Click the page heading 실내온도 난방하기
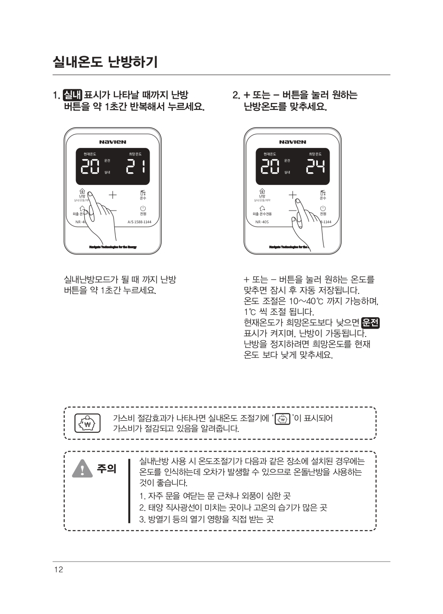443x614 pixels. (x=105, y=61)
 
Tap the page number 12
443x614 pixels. (x=58, y=569)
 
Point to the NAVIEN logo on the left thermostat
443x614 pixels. (x=113, y=142)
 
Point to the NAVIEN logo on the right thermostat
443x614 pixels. (x=293, y=142)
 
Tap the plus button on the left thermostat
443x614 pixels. (x=113, y=194)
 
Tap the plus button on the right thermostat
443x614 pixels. (x=293, y=194)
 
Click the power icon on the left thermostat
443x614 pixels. (x=143, y=208)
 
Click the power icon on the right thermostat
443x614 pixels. (x=323, y=208)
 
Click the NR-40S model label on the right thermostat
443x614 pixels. (x=262, y=222)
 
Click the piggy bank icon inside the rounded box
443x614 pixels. (x=88, y=424)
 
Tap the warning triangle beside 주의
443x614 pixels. (x=83, y=468)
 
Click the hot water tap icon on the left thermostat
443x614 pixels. (x=143, y=192)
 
